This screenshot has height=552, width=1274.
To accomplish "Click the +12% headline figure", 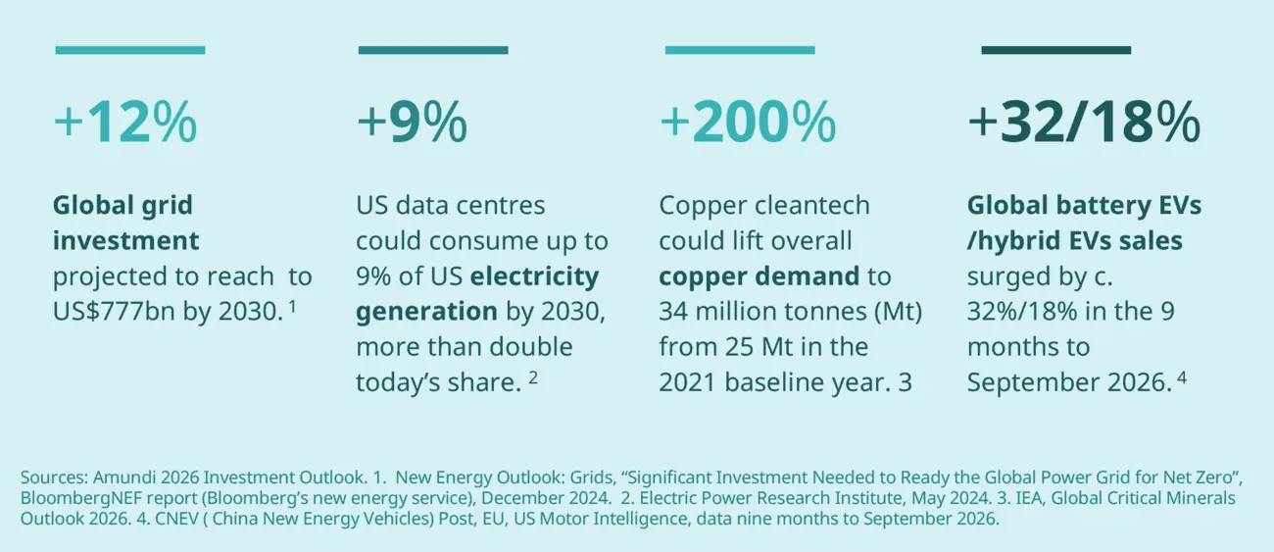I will [x=125, y=124].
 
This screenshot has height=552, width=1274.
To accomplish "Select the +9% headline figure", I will [x=412, y=124].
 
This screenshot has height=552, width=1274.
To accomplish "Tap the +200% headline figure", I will [x=748, y=124].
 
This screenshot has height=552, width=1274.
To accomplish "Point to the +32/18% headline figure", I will [x=1083, y=124].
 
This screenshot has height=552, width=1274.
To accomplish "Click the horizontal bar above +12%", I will [x=130, y=49].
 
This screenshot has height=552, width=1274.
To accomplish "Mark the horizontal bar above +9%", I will [x=433, y=49].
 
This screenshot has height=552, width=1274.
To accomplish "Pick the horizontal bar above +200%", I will [x=739, y=49].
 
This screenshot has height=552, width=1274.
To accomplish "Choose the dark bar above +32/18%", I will [x=1055, y=49].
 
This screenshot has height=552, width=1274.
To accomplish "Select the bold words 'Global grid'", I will [x=122, y=206].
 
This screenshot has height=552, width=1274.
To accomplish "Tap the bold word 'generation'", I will [x=426, y=312].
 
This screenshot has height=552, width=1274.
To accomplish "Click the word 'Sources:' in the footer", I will [x=53, y=477].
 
